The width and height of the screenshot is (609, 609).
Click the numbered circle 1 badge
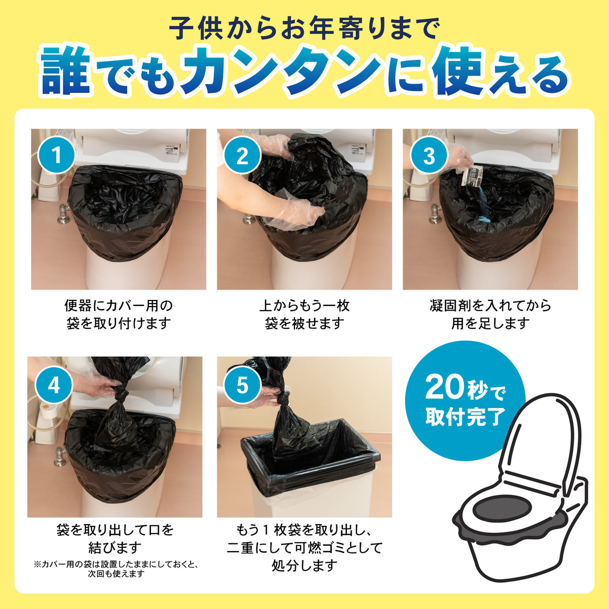click(x=56, y=155)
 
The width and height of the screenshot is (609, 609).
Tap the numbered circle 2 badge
click(x=243, y=155)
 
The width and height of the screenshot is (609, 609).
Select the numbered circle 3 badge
click(x=429, y=155)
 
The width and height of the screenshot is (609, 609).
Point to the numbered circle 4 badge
click(x=54, y=385)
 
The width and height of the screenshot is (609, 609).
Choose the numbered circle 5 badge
click(x=243, y=385)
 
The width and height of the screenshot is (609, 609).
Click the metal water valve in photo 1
click(x=64, y=214)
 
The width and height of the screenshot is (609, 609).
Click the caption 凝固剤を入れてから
click(x=490, y=306)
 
